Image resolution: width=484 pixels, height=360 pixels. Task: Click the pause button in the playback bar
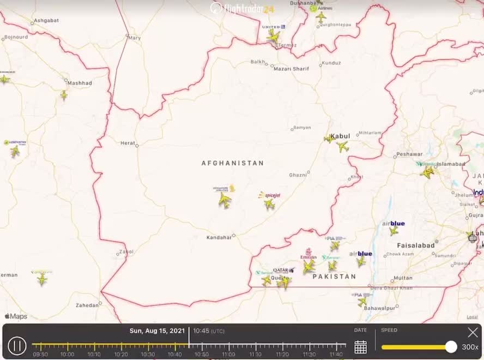click(x=17, y=345)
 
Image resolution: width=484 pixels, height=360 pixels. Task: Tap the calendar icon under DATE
click(x=360, y=346)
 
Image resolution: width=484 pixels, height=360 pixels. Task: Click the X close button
click(x=473, y=332)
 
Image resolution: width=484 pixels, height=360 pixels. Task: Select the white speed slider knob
click(x=451, y=346)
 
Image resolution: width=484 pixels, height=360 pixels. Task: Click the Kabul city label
click(x=340, y=136)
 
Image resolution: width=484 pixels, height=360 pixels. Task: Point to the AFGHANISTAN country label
click(x=233, y=163)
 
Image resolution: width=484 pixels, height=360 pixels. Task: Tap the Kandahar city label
click(x=219, y=238)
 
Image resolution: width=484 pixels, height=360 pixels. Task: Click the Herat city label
click(x=128, y=143)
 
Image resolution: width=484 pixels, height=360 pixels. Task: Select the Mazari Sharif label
click(x=291, y=69)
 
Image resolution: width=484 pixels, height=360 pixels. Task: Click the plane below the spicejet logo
click(x=269, y=204)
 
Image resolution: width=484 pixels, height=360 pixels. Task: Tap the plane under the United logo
click(x=273, y=35)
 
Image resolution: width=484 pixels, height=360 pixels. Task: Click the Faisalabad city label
click(x=416, y=245)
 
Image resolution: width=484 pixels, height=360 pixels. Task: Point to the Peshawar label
click(x=409, y=154)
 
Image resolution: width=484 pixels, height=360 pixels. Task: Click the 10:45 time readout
click(x=201, y=331)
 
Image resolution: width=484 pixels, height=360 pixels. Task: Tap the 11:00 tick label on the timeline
click(x=228, y=355)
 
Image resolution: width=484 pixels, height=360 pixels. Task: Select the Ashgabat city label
click(x=46, y=21)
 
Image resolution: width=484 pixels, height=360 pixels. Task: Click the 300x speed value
click(x=470, y=347)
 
